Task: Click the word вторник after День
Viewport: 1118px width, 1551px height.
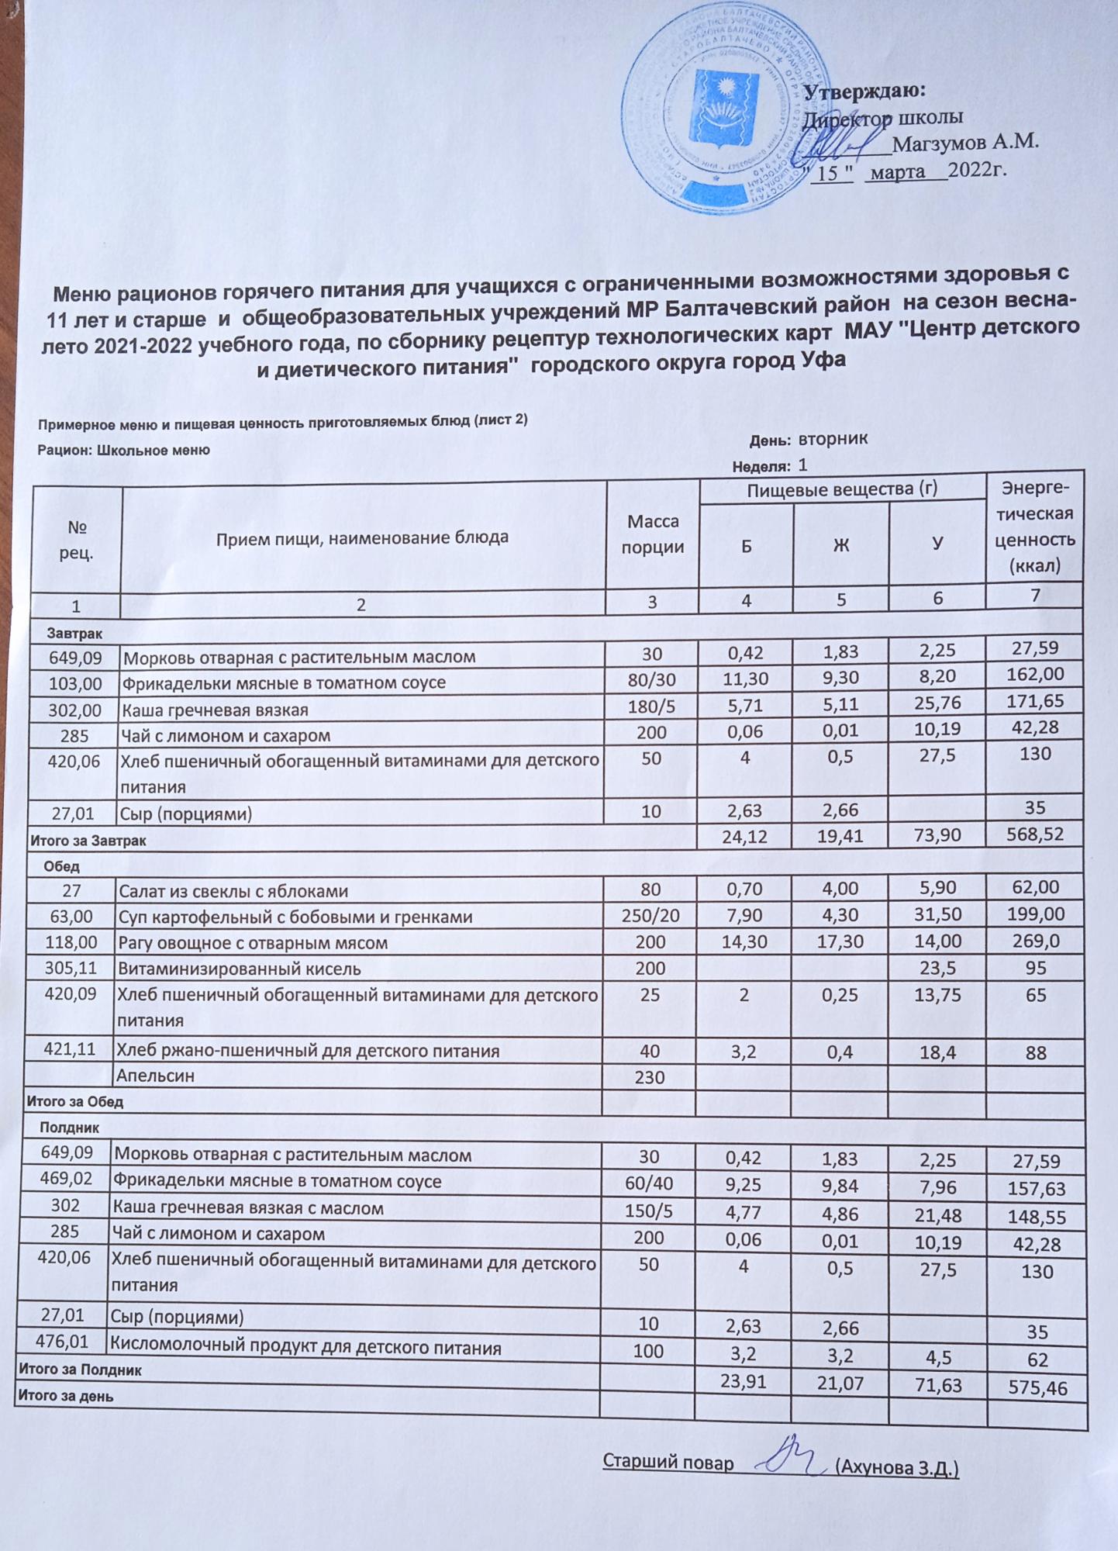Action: coord(833,439)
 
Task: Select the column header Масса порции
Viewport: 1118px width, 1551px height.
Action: coord(653,534)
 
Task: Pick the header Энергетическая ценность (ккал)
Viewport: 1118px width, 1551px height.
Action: coord(1033,527)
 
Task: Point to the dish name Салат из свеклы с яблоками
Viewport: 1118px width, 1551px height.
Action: coord(233,891)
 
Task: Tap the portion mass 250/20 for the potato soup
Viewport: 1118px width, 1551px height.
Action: coord(651,916)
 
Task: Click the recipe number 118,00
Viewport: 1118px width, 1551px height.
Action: coord(71,942)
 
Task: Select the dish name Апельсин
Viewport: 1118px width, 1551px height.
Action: coord(155,1076)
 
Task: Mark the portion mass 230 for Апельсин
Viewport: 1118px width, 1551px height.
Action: coord(650,1076)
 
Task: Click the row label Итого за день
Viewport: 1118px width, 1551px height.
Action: coord(65,1396)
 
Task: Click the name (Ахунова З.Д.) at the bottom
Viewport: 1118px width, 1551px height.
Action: coord(899,1468)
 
